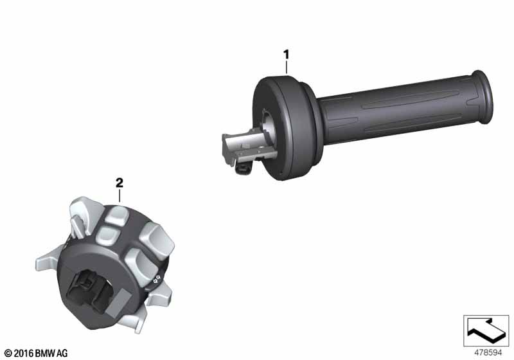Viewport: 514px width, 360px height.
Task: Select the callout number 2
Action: (119, 183)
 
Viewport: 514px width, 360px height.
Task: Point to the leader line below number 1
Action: (287, 68)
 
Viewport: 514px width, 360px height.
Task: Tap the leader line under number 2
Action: (120, 195)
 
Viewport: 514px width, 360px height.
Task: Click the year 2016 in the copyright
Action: (24, 353)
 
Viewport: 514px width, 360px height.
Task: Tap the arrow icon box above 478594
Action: (486, 330)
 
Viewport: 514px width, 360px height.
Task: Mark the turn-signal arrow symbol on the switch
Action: (158, 278)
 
